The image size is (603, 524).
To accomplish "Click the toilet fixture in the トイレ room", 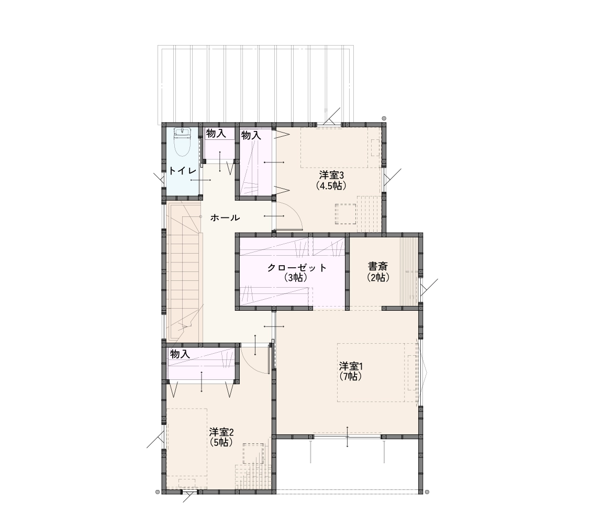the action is pos(182,141).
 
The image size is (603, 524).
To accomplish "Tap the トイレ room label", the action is pos(183,171).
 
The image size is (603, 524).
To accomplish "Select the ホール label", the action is pos(226,218).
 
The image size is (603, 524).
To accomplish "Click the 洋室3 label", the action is pos(331,176).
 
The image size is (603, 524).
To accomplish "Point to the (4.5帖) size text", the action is pos(331,185).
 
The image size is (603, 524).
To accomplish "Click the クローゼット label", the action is pos(297,268).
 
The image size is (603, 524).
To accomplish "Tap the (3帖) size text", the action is pos(296,278).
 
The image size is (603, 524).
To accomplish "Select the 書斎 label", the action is pos(378,266).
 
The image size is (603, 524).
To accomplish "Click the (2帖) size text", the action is pos(378,277).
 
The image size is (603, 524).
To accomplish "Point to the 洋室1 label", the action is pos(351,366).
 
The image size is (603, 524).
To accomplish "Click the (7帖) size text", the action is pos(351,376).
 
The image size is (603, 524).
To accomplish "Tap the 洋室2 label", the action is pos(221,432).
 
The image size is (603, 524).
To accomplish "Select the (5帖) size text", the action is pos(221,442).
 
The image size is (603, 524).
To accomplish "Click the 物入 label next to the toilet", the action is pos(216,134).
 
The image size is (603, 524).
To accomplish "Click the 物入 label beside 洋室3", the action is pos(251,135).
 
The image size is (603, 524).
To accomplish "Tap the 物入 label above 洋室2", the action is pos(180,354).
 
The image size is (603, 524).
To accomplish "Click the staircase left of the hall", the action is pos(183,272).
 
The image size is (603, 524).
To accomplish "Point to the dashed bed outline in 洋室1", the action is pos(377,373).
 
